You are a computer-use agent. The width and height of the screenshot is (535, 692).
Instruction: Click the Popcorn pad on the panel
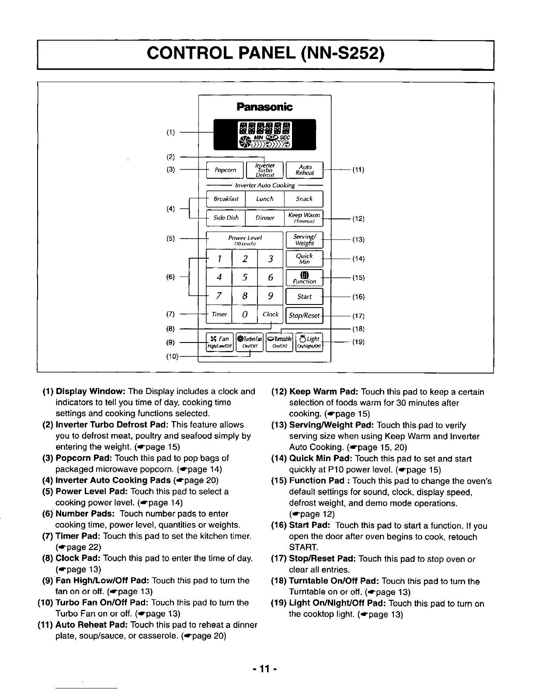pos(225,170)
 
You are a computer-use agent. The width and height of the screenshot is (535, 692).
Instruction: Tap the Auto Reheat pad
pos(304,170)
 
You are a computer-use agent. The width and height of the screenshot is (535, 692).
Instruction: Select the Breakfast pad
pos(226,199)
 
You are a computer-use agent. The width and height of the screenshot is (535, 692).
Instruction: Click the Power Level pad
pos(245,240)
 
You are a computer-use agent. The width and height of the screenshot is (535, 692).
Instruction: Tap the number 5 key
pos(245,277)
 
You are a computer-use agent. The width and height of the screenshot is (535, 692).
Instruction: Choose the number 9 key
pos(271,297)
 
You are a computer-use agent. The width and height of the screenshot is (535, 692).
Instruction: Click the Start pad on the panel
pos(304,297)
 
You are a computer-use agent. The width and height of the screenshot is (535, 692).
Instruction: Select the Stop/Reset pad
pos(304,315)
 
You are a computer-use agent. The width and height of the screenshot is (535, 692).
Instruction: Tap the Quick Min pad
pos(304,259)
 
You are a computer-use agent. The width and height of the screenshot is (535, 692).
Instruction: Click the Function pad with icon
pos(304,277)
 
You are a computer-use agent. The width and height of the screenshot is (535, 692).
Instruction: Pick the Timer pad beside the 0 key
pos(219,315)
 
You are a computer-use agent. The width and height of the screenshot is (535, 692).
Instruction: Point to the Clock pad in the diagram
pos(271,315)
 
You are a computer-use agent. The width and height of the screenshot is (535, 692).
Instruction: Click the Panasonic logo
pos(264,107)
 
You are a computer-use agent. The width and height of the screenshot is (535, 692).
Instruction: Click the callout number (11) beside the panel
pos(358,170)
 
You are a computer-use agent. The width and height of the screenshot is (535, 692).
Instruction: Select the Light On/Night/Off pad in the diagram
pos(309,342)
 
